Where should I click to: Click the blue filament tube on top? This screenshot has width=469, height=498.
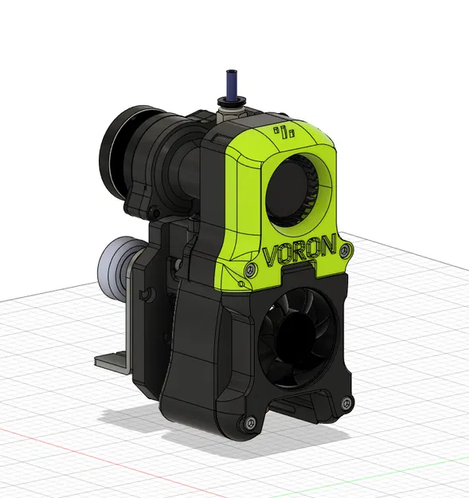point(231,83)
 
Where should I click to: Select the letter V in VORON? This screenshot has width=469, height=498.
point(271,257)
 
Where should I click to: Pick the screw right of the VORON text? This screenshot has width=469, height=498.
point(345,251)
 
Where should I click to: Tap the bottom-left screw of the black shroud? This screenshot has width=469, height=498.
point(248,422)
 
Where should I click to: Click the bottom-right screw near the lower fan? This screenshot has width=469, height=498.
point(345,400)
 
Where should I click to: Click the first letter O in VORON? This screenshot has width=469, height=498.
point(286,254)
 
